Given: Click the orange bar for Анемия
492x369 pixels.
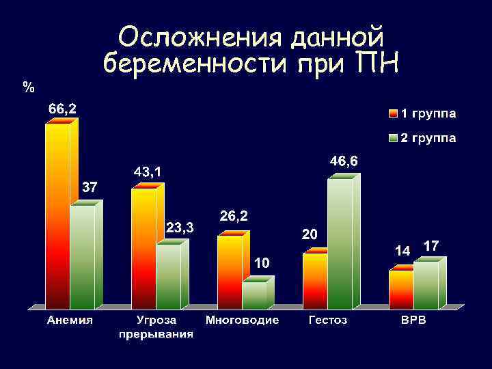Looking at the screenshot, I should pyautogui.click(x=57, y=215).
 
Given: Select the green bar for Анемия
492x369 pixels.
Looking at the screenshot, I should pyautogui.click(x=83, y=256).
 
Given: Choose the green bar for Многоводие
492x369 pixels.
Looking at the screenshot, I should pyautogui.click(x=254, y=295).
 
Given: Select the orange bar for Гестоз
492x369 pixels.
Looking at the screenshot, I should pyautogui.click(x=315, y=280).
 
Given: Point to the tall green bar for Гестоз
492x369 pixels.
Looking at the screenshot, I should pyautogui.click(x=340, y=243).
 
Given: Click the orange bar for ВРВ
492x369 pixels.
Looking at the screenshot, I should pyautogui.click(x=401, y=289).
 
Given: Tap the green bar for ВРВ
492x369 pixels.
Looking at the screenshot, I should pyautogui.click(x=426, y=284).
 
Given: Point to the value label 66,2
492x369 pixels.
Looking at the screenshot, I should pyautogui.click(x=61, y=108).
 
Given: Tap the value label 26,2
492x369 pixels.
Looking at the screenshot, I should pyautogui.click(x=234, y=216).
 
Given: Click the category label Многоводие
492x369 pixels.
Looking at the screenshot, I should pyautogui.click(x=242, y=320).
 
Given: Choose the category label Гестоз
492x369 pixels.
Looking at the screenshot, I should pyautogui.click(x=328, y=320).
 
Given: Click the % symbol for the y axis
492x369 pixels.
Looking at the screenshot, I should pyautogui.click(x=28, y=87).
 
